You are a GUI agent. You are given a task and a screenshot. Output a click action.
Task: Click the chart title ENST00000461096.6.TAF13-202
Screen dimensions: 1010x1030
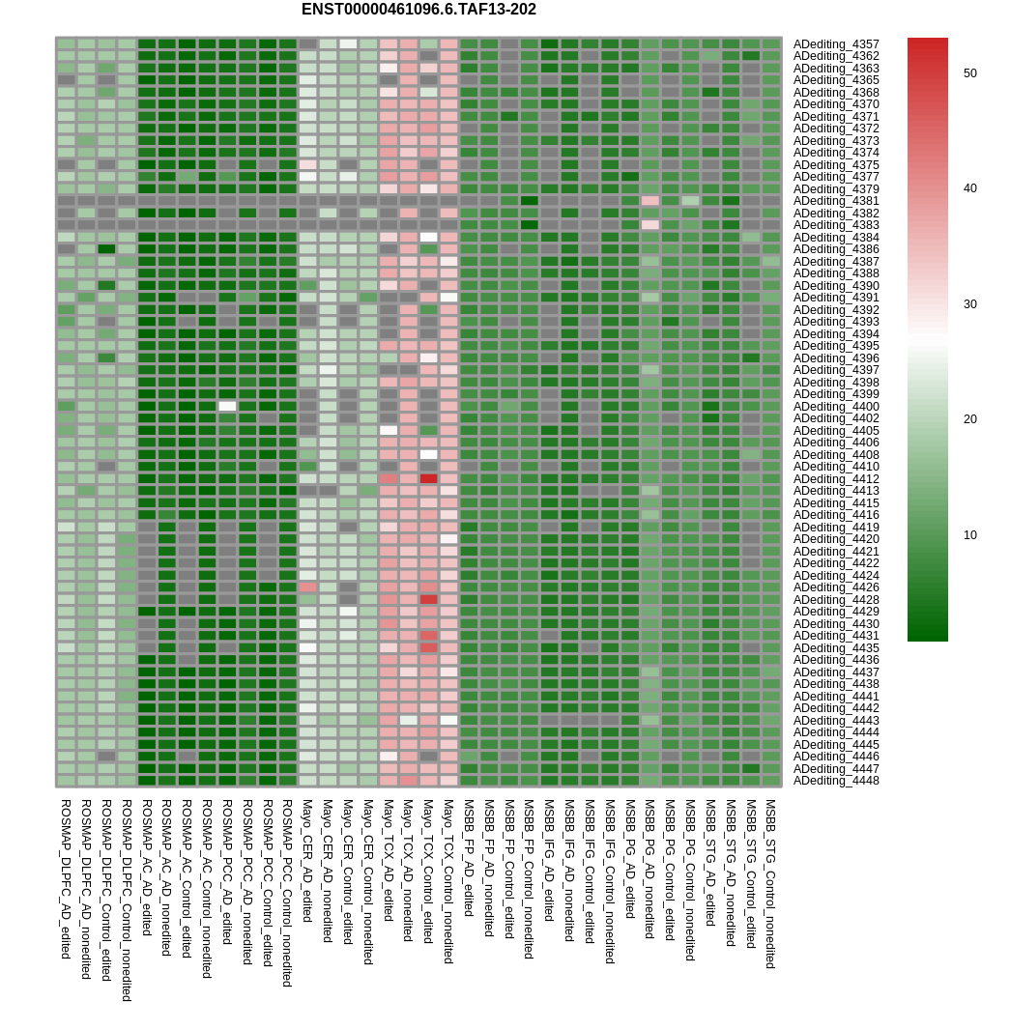click(418, 10)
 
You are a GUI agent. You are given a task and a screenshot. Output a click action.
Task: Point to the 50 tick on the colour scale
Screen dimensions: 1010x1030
click(970, 72)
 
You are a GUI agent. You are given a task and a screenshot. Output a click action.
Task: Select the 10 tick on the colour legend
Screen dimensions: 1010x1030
click(970, 534)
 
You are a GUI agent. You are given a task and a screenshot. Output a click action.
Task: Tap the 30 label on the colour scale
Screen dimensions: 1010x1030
click(970, 304)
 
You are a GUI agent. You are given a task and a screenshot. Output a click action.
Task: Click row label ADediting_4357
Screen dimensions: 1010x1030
click(836, 44)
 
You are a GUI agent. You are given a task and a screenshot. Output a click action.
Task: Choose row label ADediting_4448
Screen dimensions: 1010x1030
click(836, 781)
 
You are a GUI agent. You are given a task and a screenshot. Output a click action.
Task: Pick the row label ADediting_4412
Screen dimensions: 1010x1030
click(836, 479)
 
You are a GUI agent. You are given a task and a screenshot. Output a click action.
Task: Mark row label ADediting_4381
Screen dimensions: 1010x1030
click(836, 201)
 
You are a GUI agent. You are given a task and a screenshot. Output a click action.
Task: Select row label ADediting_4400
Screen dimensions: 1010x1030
click(836, 407)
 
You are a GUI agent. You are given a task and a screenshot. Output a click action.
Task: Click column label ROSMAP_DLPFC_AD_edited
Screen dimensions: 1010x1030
click(65, 879)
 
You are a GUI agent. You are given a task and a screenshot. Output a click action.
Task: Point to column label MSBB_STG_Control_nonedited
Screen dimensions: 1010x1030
click(771, 883)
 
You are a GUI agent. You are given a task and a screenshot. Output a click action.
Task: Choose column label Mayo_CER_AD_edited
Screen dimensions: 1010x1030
click(307, 861)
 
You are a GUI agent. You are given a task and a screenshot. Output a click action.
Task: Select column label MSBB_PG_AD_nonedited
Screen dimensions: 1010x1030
click(649, 869)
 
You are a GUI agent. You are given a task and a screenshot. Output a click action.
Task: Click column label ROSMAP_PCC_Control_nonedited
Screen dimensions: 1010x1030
click(286, 893)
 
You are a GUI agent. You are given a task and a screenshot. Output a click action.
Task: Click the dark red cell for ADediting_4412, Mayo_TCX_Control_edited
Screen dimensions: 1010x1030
click(428, 479)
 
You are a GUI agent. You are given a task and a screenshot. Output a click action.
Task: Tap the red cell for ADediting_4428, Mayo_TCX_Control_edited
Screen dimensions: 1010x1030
click(428, 600)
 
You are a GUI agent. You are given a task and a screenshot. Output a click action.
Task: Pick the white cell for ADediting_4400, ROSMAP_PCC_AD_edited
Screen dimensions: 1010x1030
click(227, 407)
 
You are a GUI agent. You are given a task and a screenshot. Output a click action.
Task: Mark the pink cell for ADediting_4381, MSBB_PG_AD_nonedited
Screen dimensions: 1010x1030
click(649, 201)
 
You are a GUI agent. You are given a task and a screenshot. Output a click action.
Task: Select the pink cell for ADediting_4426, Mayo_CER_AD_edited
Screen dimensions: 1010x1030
click(307, 587)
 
